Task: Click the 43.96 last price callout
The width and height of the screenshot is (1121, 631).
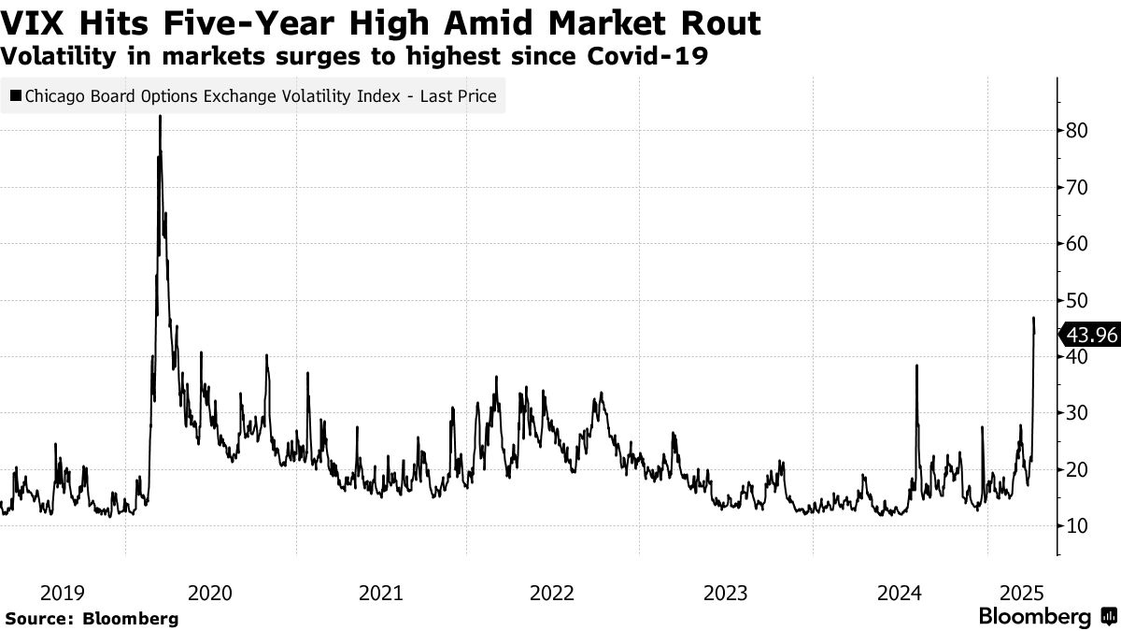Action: click(1090, 335)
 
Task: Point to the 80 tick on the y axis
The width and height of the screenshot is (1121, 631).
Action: click(1076, 131)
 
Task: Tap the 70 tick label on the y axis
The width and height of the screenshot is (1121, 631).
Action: click(1076, 187)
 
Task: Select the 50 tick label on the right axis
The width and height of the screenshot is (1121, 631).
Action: click(1076, 300)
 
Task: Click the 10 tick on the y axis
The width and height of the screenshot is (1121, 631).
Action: click(1076, 525)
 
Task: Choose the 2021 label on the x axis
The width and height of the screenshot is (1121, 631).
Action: click(381, 592)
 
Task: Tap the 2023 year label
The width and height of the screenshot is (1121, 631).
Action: click(725, 592)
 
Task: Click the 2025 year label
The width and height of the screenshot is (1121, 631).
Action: click(1020, 592)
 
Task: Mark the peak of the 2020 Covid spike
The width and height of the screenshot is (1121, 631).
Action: click(160, 117)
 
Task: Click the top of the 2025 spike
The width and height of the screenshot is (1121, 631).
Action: click(1033, 319)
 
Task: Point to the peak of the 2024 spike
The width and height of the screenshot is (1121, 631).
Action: click(916, 366)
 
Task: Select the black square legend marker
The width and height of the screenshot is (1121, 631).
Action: click(16, 95)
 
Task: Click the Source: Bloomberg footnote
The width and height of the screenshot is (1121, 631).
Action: click(92, 618)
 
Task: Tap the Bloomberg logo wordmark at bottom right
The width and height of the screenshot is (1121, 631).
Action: click(1035, 616)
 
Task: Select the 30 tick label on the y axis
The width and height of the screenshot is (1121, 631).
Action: click(1076, 413)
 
